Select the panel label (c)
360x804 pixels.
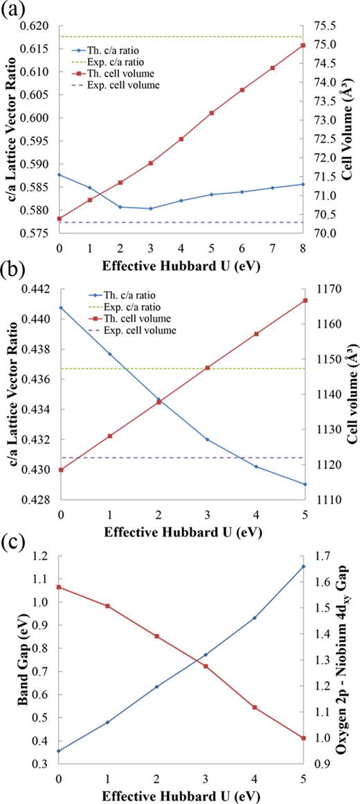(12, 538)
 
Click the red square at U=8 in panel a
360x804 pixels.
(303, 45)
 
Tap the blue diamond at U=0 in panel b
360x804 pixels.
(61, 307)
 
